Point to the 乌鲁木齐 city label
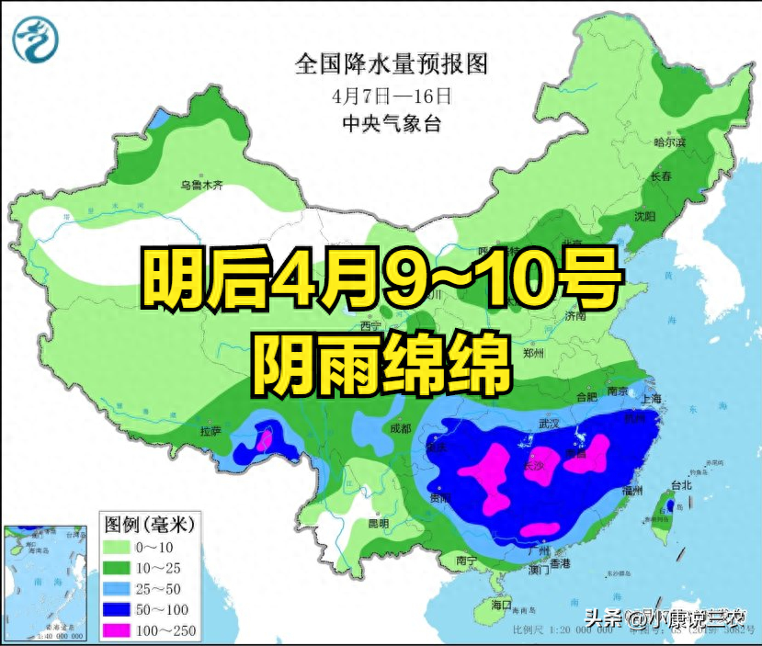click(x=201, y=185)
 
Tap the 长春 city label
click(x=662, y=176)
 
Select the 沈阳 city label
click(x=644, y=217)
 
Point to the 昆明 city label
click(x=379, y=523)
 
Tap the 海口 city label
click(x=500, y=606)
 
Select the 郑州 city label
click(x=533, y=353)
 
